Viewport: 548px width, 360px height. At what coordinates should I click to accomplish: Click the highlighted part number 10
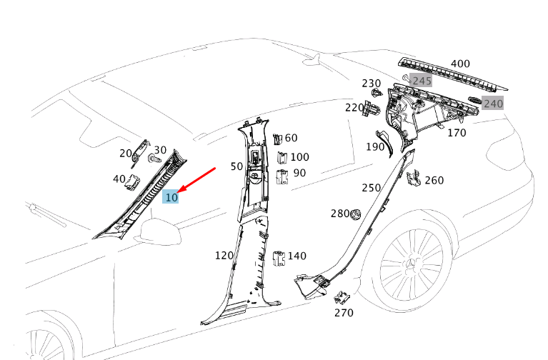point(171,197)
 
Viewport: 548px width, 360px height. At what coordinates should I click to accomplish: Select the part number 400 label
point(460,64)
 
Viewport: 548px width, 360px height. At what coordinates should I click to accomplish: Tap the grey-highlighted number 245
point(422,81)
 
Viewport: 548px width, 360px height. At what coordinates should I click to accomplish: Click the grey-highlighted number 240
point(493,104)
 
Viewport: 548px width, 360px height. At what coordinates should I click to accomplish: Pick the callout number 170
point(456,133)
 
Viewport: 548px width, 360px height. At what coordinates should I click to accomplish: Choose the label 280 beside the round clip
point(340,214)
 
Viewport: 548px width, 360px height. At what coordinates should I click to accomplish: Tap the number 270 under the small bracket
point(344,312)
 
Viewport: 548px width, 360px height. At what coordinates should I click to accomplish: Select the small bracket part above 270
point(343,296)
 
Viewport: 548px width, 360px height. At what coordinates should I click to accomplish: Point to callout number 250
point(371,188)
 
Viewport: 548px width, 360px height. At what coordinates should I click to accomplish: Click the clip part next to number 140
point(279,257)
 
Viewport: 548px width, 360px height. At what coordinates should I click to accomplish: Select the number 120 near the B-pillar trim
point(224,255)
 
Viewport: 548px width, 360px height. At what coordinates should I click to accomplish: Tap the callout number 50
point(236,166)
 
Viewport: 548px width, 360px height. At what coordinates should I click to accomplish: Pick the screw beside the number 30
point(152,160)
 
